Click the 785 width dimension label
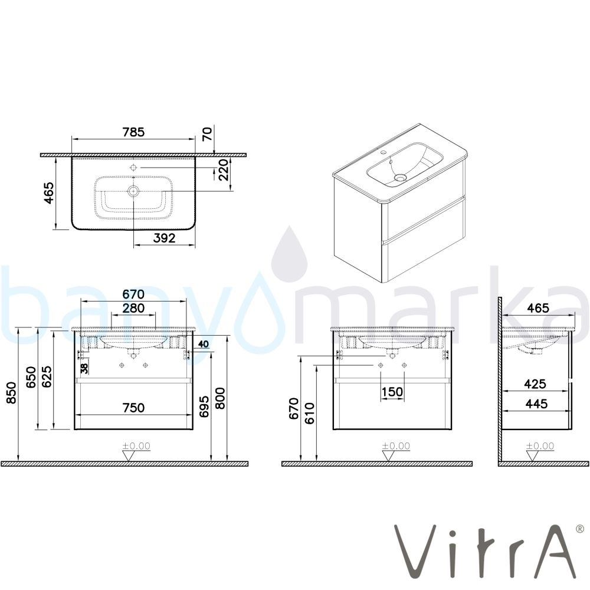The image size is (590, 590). (x=133, y=132)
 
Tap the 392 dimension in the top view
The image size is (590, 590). (x=165, y=238)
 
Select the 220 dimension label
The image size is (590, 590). (x=223, y=170)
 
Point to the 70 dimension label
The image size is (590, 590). (x=207, y=133)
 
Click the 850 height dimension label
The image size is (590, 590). (x=12, y=393)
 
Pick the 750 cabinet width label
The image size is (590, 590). (x=133, y=408)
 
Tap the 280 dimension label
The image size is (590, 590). (x=133, y=308)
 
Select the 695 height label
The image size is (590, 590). (x=204, y=407)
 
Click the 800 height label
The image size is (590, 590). (x=219, y=398)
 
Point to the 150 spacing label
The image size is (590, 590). (x=392, y=392)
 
